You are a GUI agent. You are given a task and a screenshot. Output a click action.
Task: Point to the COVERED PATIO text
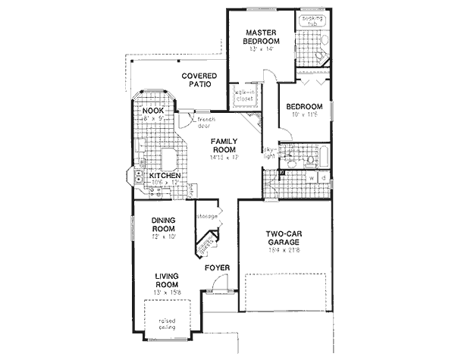pyautogui.click(x=199, y=80)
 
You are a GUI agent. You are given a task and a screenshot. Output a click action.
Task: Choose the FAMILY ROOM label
pyautogui.click(x=225, y=146)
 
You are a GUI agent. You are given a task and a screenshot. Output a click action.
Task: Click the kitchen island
pyautogui.click(x=168, y=160)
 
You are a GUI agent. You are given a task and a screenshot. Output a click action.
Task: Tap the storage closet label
pyautogui.click(x=207, y=217)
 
